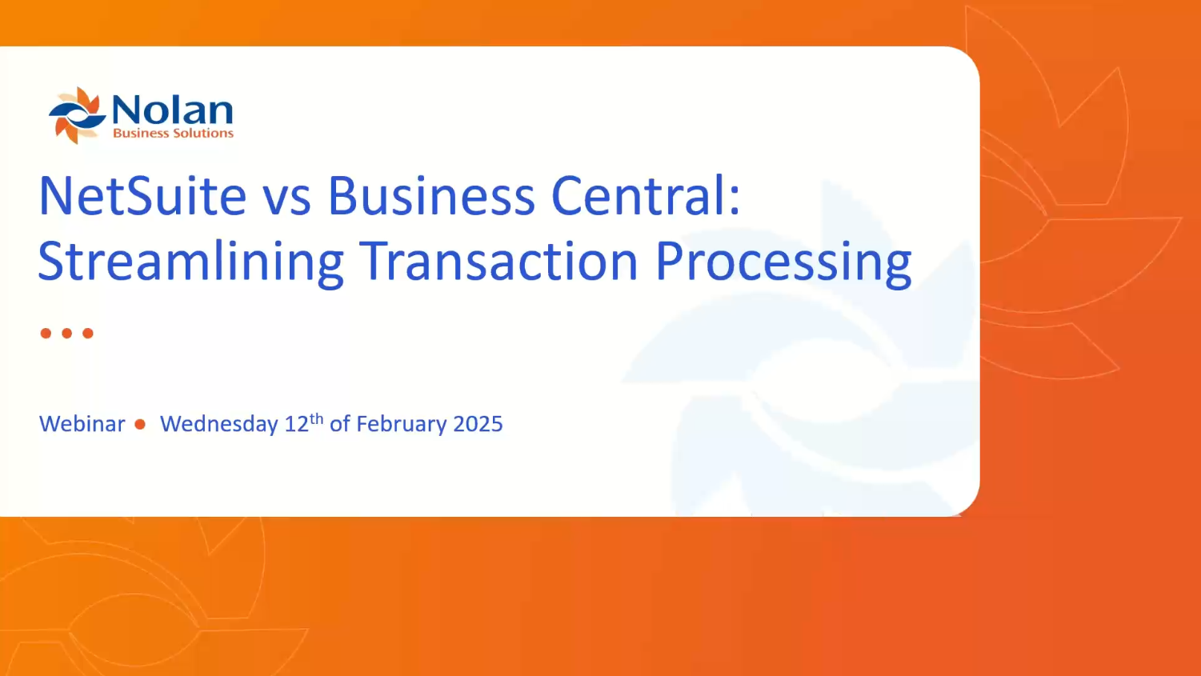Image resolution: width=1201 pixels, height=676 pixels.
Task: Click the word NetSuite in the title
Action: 142,196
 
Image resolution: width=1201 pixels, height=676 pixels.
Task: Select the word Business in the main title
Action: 430,196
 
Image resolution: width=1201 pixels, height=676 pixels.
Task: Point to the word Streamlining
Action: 190,262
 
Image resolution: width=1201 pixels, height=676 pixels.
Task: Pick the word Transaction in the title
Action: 498,262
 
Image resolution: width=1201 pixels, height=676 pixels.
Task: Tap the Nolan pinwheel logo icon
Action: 77,115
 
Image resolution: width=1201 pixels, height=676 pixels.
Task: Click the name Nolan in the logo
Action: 172,110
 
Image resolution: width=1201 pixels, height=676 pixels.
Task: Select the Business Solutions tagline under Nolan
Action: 173,134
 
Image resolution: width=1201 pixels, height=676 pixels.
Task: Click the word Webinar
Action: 82,424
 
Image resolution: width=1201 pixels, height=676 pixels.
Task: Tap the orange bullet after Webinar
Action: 141,424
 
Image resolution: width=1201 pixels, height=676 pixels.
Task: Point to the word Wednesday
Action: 219,424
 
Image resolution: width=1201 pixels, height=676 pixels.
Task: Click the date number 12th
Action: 304,422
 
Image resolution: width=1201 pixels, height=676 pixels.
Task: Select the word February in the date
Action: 401,424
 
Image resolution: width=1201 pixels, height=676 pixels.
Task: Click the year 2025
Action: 478,424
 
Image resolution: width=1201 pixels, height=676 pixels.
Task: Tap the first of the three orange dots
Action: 46,333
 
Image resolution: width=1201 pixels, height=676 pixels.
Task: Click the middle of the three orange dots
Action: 67,333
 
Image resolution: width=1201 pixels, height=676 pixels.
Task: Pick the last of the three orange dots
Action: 88,333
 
